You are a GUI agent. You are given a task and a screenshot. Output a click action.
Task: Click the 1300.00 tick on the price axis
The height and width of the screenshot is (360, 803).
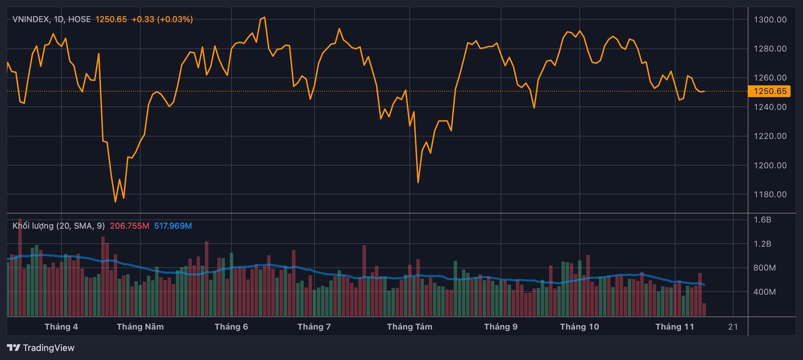[770, 20]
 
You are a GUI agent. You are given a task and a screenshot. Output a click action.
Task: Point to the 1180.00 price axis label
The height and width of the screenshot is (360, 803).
[770, 194]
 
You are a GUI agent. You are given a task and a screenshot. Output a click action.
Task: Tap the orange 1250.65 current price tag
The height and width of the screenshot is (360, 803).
[769, 91]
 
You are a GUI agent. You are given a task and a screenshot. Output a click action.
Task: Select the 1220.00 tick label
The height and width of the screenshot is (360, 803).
[770, 136]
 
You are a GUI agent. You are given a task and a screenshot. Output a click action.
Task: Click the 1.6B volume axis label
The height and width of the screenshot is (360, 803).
[762, 220]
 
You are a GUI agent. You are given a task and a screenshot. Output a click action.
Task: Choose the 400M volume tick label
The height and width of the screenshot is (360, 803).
[764, 292]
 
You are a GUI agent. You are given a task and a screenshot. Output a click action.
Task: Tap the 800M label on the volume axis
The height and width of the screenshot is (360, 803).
[764, 268]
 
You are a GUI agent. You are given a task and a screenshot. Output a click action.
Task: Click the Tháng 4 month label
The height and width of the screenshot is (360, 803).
[61, 327]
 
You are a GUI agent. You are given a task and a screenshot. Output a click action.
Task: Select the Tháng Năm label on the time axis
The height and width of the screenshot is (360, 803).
[140, 327]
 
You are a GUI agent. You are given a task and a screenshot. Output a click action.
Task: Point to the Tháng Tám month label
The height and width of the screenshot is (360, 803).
[409, 327]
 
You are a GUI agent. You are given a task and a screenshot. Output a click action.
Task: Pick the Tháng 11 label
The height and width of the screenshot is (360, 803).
[675, 327]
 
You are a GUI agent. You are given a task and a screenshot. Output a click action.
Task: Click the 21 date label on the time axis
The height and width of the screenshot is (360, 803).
[733, 327]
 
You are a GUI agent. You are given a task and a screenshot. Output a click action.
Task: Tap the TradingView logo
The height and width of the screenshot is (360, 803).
[41, 348]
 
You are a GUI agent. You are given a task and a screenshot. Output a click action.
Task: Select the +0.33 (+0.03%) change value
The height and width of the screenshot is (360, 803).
[162, 19]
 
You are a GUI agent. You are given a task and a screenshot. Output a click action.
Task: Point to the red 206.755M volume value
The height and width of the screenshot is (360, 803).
[129, 226]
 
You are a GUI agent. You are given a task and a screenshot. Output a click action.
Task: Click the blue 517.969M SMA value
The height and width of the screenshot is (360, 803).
[173, 226]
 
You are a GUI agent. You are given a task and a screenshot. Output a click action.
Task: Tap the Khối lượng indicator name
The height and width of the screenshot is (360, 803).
[33, 226]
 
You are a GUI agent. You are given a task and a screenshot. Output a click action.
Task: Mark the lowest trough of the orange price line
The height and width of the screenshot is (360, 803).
[115, 202]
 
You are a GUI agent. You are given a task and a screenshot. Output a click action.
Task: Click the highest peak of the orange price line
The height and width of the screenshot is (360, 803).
[264, 18]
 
